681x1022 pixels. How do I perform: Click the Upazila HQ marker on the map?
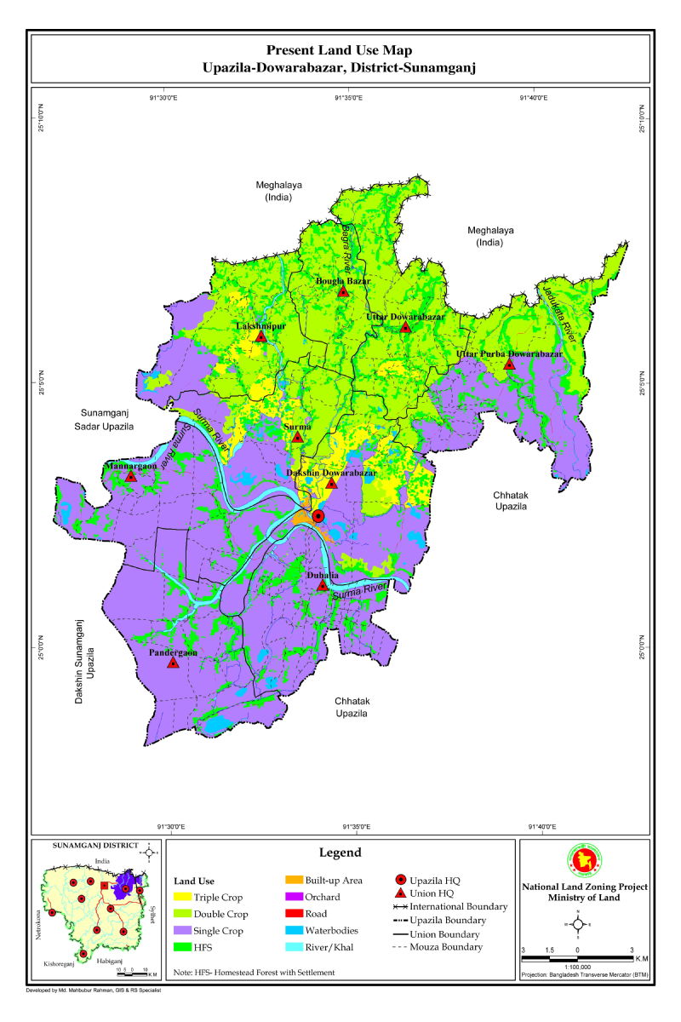(x=318, y=516)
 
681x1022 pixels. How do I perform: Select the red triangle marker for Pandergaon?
(x=173, y=663)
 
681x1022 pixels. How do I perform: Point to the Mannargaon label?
(x=130, y=467)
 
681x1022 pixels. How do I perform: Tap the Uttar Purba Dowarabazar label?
(x=509, y=353)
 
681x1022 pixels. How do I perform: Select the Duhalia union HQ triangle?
(x=322, y=586)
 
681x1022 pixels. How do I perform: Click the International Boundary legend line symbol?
(x=399, y=907)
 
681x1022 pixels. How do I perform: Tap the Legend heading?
(x=340, y=853)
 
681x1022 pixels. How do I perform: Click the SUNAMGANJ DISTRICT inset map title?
(x=94, y=845)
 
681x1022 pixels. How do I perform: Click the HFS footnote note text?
(x=255, y=972)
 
